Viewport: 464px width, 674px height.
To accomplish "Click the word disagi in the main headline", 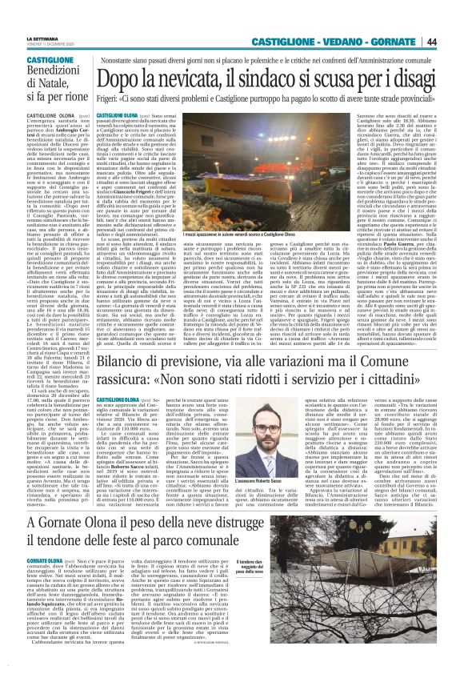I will click(415, 78).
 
